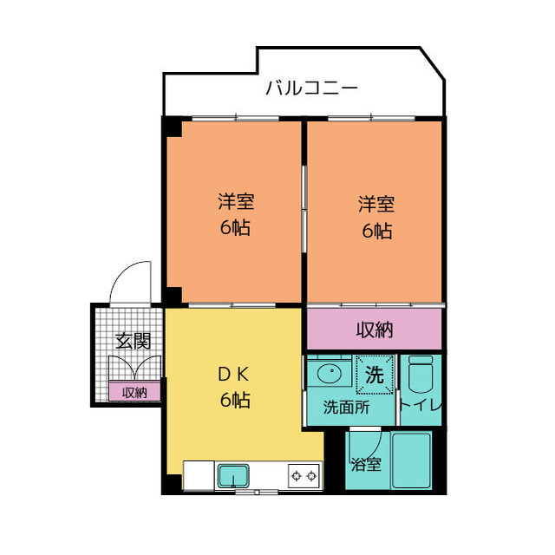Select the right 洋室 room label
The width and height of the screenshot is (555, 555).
point(376,206)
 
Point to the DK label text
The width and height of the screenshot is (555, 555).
point(233,375)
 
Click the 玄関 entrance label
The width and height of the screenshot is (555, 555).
point(128,340)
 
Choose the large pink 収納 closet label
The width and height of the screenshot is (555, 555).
point(375,330)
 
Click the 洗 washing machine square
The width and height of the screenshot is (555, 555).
point(375,375)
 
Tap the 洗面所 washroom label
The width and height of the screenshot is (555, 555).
point(346,408)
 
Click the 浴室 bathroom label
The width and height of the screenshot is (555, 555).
point(365,465)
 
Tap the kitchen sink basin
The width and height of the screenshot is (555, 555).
point(233,475)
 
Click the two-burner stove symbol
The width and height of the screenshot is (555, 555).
point(304,475)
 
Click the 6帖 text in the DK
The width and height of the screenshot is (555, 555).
point(233,401)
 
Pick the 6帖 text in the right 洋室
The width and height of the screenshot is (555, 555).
point(376,232)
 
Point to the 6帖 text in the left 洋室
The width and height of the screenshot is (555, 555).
point(235,230)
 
